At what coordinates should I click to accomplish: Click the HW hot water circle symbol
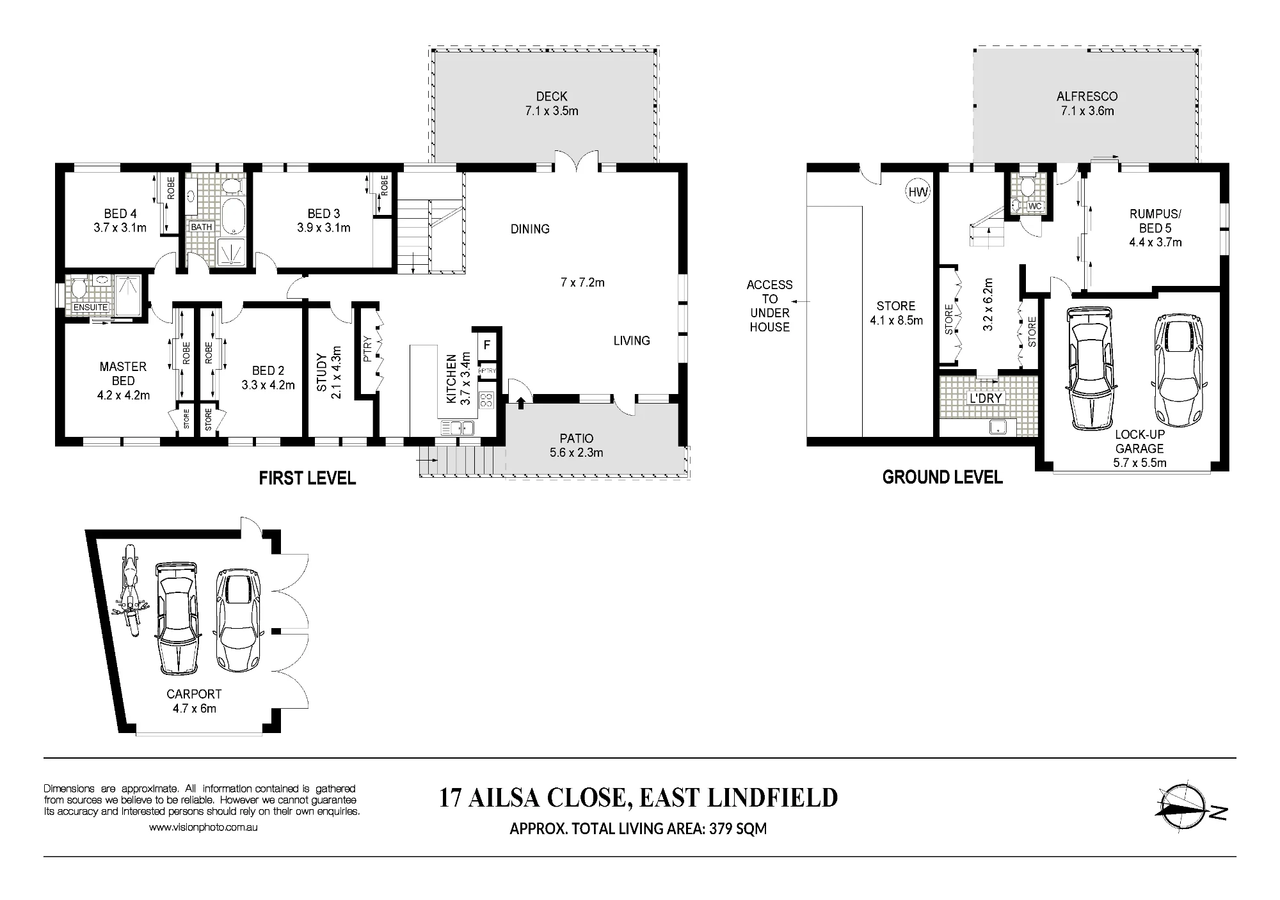917,191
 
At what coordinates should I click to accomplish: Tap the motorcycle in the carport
129,590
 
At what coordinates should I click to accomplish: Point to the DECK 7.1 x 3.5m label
552,104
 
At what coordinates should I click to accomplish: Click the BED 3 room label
324,221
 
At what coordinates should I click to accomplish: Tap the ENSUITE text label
91,307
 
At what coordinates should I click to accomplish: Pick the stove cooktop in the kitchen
486,400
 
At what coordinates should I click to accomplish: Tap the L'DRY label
986,398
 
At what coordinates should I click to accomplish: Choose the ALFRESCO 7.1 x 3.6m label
1087,104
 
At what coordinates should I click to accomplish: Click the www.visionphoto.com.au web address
204,827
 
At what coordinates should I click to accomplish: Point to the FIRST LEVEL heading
307,478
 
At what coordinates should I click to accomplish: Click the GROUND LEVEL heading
942,477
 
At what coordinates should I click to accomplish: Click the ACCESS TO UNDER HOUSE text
769,306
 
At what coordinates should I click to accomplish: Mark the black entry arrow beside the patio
521,402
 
